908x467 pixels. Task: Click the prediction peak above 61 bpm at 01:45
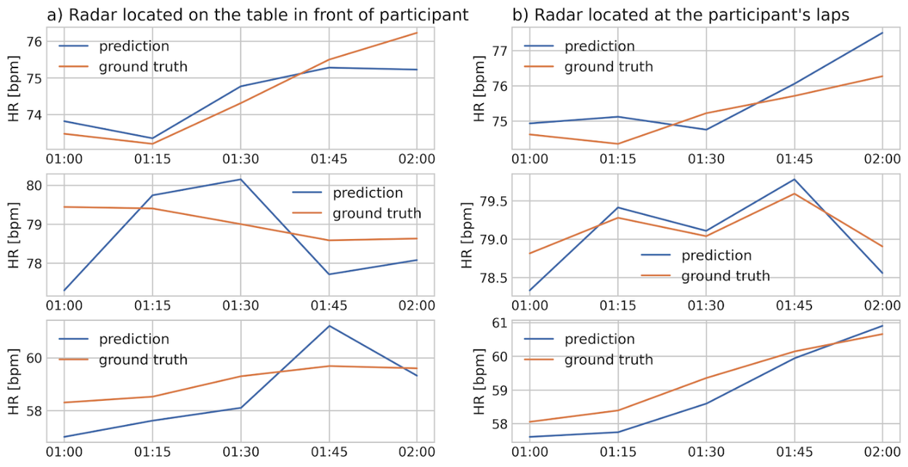point(329,325)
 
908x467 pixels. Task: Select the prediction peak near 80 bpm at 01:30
point(240,179)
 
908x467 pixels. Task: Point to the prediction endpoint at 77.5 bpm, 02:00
point(882,33)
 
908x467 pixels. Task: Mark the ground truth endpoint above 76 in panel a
point(416,33)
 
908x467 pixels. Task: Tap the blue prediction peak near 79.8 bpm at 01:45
point(794,179)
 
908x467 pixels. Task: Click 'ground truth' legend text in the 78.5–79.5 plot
point(725,276)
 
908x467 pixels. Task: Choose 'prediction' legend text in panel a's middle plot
point(368,193)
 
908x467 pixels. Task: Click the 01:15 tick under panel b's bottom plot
point(618,452)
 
